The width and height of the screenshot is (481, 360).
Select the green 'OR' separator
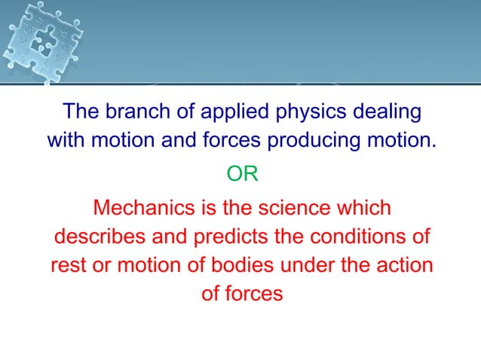click(x=242, y=174)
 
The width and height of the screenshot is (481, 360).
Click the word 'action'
click(x=406, y=265)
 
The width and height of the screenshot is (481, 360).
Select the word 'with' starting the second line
click(x=66, y=141)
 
